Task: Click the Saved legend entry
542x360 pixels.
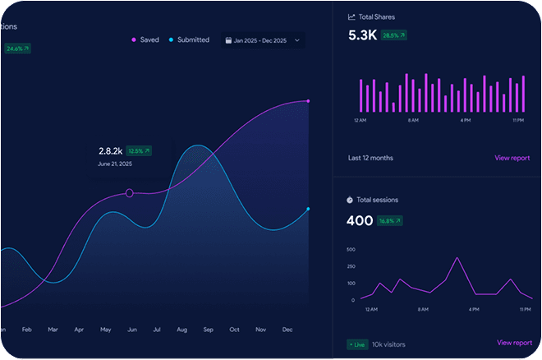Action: pos(145,39)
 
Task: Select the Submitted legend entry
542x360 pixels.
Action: pos(190,39)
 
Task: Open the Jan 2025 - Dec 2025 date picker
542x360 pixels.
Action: pos(262,39)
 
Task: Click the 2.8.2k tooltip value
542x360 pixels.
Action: pos(110,151)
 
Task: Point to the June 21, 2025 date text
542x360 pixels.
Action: pos(115,164)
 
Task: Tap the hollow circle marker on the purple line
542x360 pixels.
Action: pos(129,193)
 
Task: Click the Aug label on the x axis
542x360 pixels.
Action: pos(182,330)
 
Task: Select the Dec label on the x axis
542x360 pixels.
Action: pos(287,330)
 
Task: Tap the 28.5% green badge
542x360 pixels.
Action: pos(393,35)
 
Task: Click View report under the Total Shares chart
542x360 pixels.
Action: pos(512,158)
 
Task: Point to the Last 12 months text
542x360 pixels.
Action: pos(370,158)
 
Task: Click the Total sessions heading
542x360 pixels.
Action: pos(380,200)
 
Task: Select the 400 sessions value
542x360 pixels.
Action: pos(360,220)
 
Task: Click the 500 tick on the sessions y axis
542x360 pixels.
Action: pos(351,249)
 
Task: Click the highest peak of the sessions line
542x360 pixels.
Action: pos(457,258)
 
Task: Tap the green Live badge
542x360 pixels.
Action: pos(357,344)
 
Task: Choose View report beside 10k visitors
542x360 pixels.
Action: pos(514,343)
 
